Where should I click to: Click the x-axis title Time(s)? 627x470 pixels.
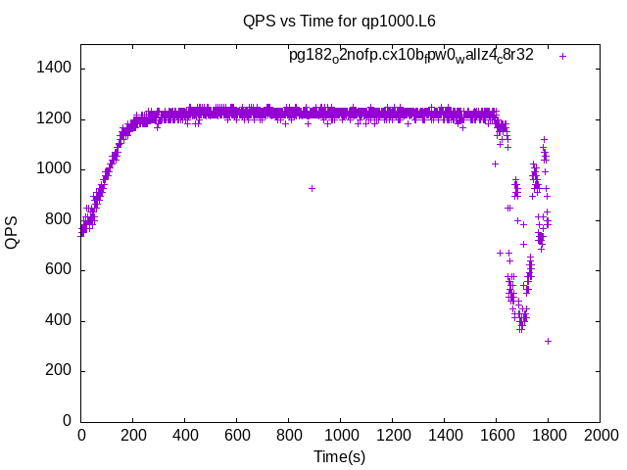pos(339,456)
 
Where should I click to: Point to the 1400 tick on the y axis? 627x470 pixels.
pos(54,69)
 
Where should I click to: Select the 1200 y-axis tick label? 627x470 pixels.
pos(54,119)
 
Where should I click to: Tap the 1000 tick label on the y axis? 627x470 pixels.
pos(54,169)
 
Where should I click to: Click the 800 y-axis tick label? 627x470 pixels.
pos(58,220)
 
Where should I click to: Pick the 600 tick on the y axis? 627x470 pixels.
pos(58,270)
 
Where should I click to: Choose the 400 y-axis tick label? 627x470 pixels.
pos(58,321)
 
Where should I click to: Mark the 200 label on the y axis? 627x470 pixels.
pos(58,371)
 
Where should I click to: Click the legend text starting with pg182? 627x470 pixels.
pos(411,56)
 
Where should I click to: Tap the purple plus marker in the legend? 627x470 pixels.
pos(562,56)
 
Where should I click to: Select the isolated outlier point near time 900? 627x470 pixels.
pos(312,188)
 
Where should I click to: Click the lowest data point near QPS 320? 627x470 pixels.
pos(548,341)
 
